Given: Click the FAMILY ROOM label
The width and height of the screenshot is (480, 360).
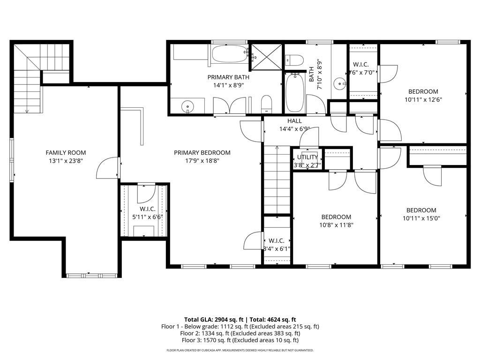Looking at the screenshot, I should (66, 153).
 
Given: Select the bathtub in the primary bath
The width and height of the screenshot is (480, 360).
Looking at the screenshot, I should (228, 53).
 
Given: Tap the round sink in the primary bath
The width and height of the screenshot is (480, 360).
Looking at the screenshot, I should (188, 106).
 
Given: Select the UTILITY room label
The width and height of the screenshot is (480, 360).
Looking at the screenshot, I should (307, 157).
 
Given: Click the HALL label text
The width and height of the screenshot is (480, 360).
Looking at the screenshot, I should (294, 121).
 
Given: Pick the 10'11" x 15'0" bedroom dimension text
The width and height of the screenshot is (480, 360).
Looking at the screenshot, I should (421, 218).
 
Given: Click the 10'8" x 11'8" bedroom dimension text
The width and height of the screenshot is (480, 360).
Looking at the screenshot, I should (336, 225).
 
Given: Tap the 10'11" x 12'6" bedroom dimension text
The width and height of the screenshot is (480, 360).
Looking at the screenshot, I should (423, 99).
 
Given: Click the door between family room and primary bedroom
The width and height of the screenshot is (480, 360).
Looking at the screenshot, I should (108, 168).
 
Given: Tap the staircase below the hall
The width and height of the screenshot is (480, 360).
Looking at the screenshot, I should (277, 180).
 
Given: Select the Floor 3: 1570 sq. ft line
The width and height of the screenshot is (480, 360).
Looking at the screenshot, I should (240, 340).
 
